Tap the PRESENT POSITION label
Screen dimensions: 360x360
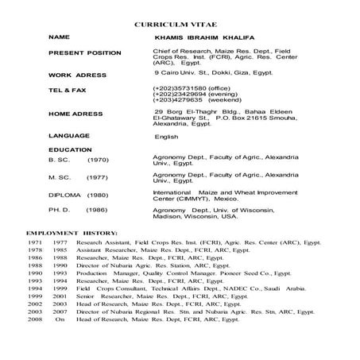tap(85, 53)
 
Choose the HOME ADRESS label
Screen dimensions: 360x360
tap(75, 114)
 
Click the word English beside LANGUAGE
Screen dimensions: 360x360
tap(168, 137)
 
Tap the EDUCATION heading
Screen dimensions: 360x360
tap(71, 149)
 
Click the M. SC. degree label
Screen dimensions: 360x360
tap(60, 177)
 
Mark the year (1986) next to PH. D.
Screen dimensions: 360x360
tap(97, 212)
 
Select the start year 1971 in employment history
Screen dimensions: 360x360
tap(35, 242)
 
